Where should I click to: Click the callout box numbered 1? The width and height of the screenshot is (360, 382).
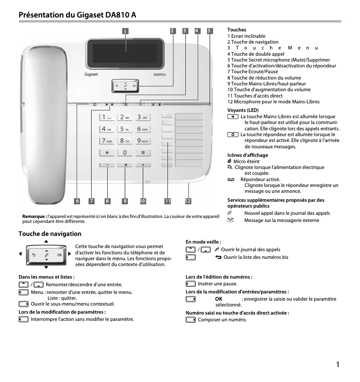126,31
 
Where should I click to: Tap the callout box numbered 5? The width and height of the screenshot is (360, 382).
210,31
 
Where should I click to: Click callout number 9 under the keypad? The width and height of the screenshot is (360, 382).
125,201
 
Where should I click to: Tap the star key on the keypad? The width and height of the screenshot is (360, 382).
107,152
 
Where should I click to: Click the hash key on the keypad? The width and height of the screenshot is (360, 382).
143,152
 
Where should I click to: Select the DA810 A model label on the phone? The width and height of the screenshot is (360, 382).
160,75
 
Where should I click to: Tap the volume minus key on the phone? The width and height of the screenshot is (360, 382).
107,165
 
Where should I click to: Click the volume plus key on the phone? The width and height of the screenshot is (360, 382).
143,165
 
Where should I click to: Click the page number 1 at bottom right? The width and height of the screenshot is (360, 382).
338,364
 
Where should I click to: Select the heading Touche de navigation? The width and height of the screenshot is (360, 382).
50,234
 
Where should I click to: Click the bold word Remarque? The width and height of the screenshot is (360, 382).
34,217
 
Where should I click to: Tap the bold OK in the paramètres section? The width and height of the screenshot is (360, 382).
219,299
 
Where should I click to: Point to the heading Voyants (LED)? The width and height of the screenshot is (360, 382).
243,110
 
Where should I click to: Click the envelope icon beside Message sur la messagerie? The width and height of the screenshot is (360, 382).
231,220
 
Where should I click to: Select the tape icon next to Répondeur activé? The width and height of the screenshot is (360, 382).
231,179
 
